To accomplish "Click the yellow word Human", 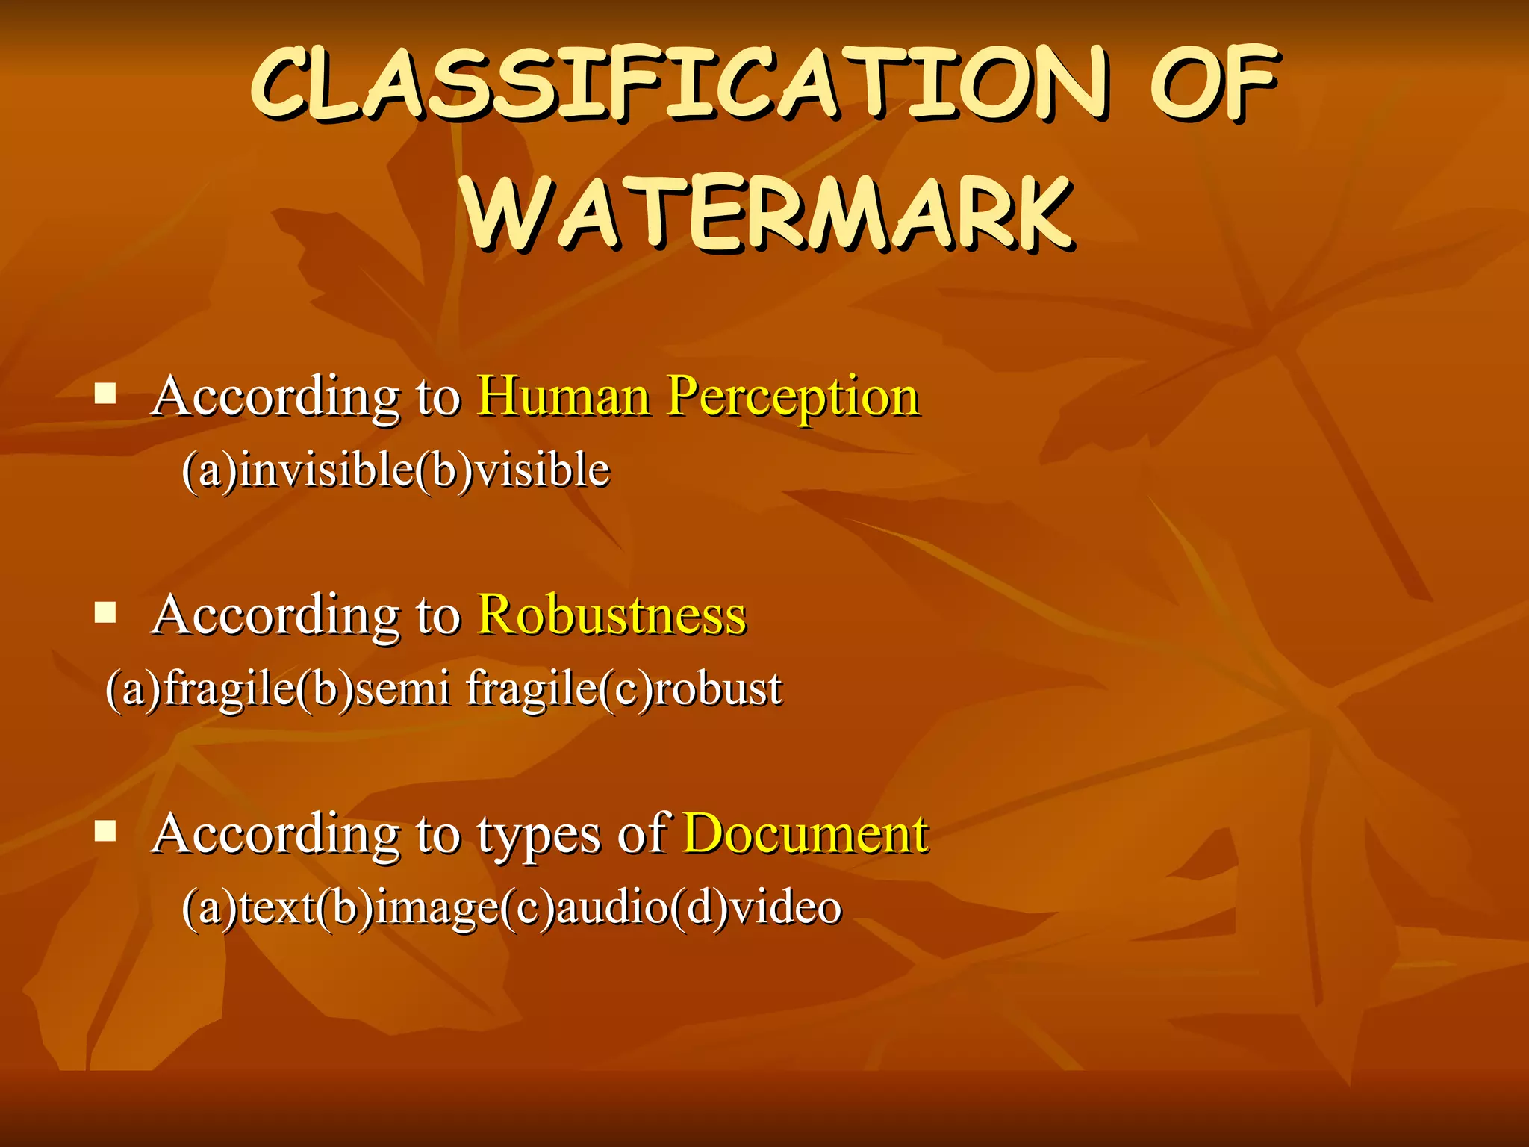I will coord(564,396).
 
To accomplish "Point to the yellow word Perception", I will coord(793,397).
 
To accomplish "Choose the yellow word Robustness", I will coord(611,615).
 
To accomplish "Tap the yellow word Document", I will coord(806,834).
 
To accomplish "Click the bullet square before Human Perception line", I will coord(105,394).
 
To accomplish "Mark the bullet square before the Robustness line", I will coord(105,613).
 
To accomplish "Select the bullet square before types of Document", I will coord(105,831).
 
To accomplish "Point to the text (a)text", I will coord(248,908).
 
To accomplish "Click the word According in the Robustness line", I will coord(275,617).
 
